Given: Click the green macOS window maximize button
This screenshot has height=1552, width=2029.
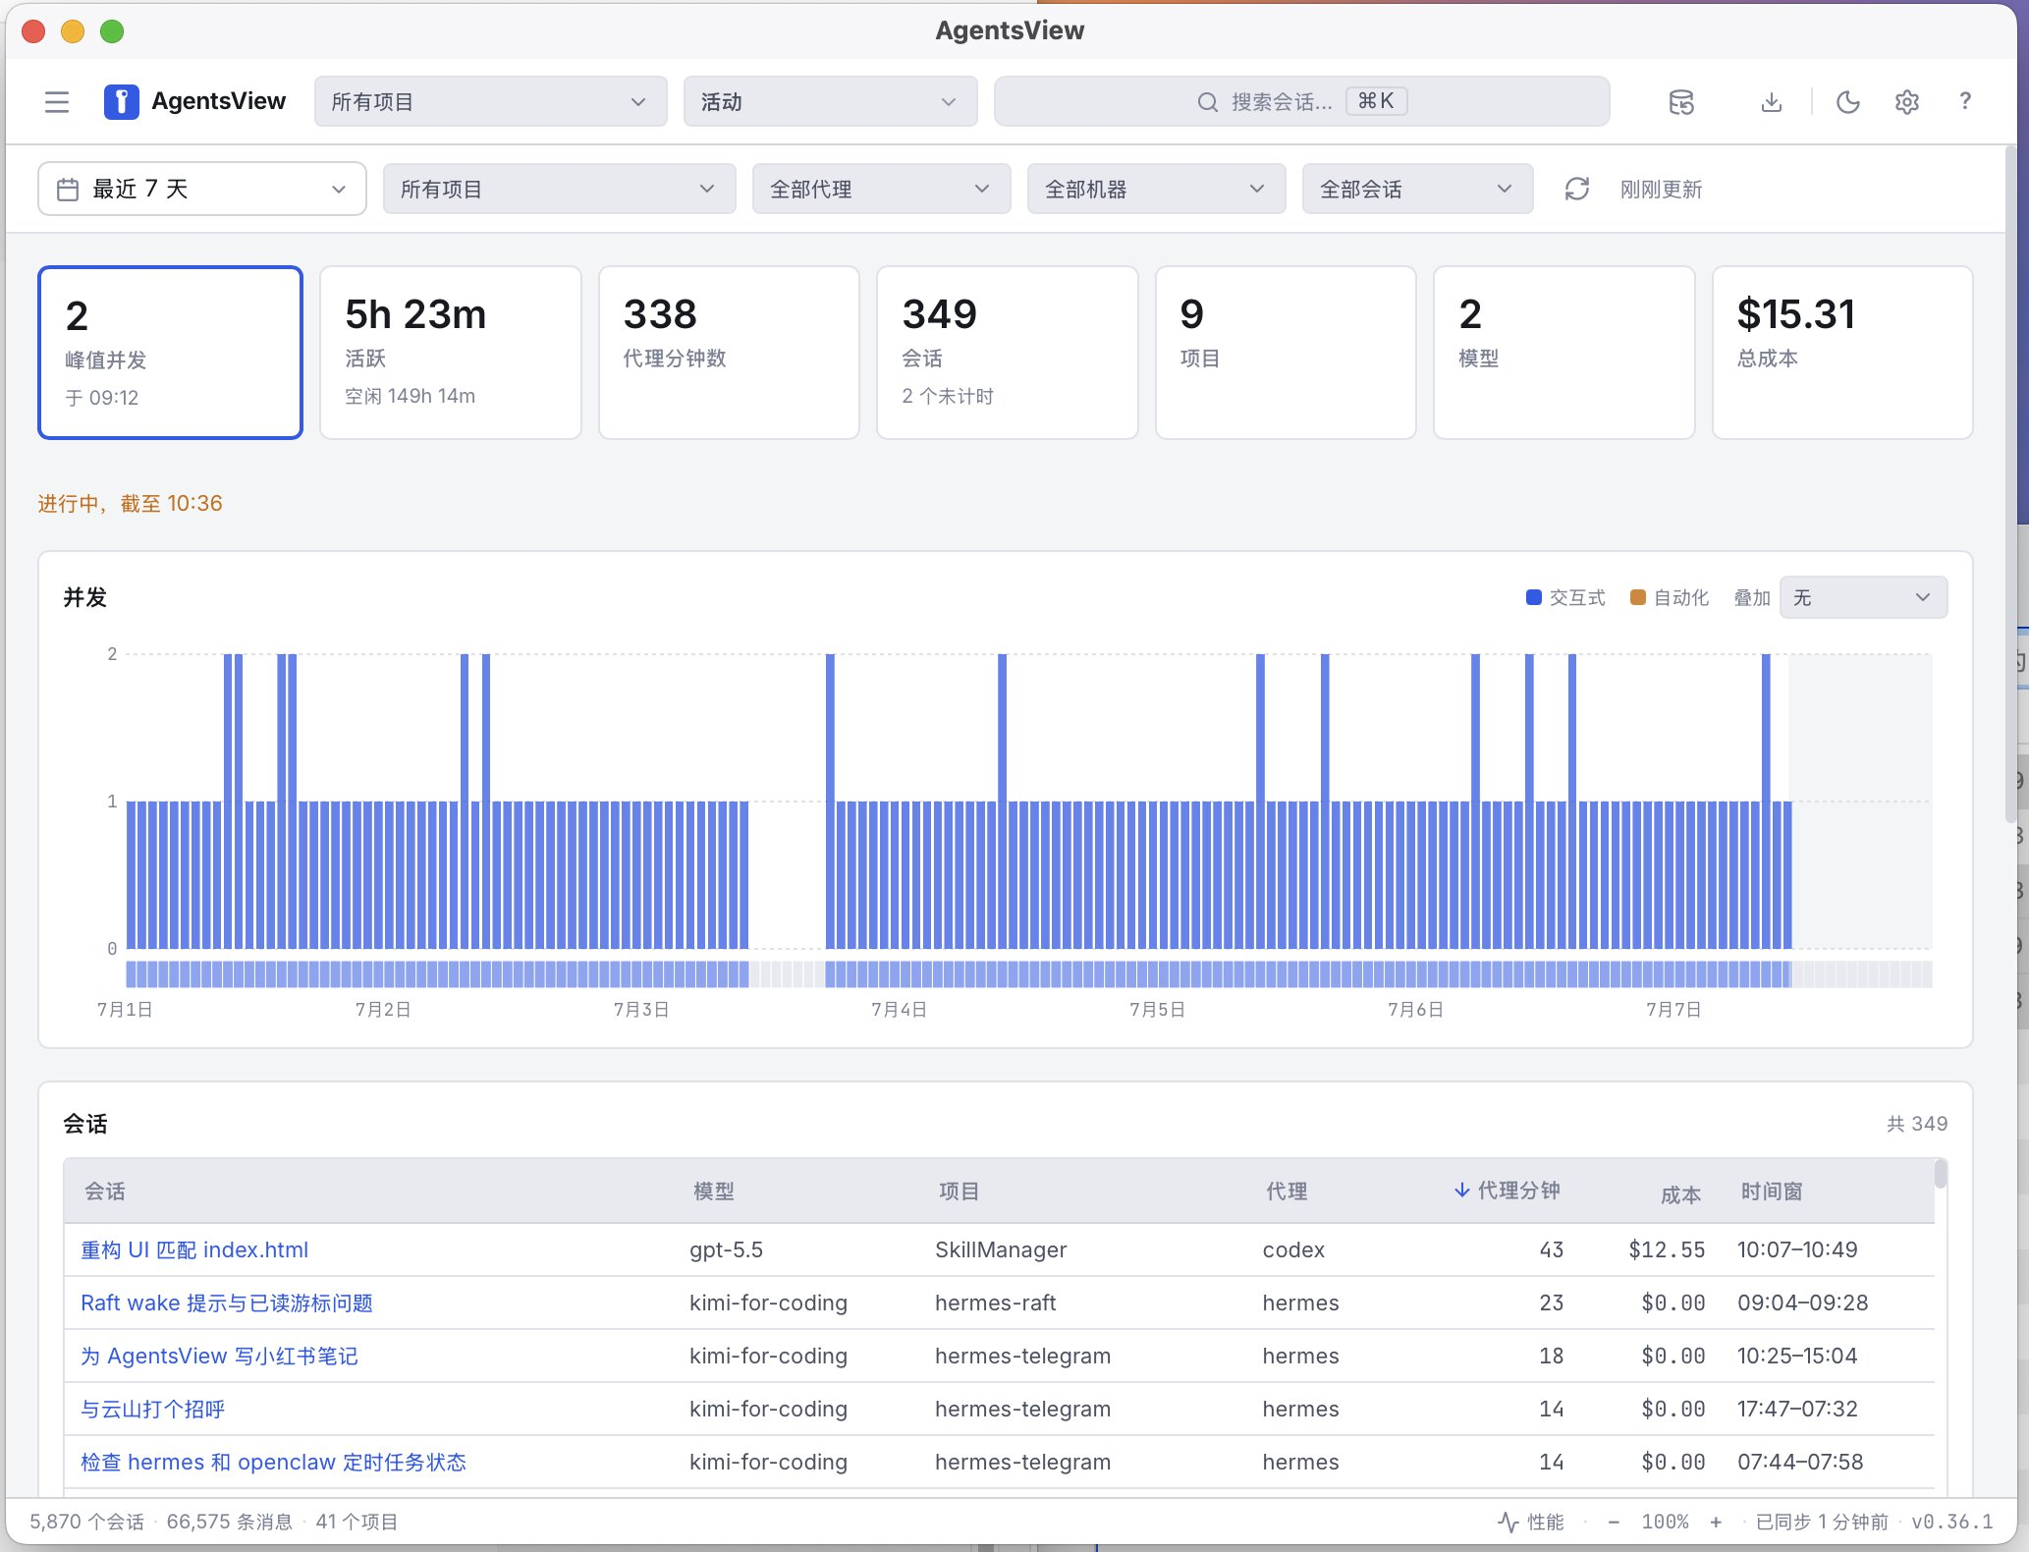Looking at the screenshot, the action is click(112, 31).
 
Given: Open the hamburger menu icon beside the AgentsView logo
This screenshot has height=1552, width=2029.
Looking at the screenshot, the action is click(57, 102).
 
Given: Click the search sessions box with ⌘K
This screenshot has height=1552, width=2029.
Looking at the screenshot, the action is click(1301, 101).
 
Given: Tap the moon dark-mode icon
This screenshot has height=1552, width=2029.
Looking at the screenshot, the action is click(1847, 102).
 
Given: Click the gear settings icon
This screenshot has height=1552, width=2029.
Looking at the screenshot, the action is click(1906, 102).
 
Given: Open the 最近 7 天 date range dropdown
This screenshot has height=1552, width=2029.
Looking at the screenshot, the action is click(202, 189).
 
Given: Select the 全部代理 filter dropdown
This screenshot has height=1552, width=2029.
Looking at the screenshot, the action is click(881, 189).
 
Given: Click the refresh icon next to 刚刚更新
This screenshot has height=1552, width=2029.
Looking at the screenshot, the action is click(1576, 189).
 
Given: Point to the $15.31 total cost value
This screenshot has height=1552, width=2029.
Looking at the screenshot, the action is click(1796, 314).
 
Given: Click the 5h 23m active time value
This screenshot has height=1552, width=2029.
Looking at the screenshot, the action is click(415, 314).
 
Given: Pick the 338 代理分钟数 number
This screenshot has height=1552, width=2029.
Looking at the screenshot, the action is click(660, 314).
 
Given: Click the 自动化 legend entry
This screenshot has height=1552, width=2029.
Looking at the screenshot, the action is click(1670, 597).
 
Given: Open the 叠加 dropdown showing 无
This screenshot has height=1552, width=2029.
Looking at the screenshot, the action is click(1863, 597).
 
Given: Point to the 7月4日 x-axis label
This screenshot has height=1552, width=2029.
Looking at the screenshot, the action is click(899, 1010).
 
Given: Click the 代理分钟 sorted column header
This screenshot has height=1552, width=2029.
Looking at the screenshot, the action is click(1508, 1191).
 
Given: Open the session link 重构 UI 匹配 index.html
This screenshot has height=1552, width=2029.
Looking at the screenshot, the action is click(194, 1249).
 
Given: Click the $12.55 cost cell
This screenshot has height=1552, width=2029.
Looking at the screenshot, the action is click(1667, 1249).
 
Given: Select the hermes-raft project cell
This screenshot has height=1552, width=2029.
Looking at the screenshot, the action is click(995, 1303).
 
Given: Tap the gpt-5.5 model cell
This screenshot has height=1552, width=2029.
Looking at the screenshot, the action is click(726, 1249).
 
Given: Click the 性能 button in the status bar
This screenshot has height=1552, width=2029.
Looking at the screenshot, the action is click(1531, 1522).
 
